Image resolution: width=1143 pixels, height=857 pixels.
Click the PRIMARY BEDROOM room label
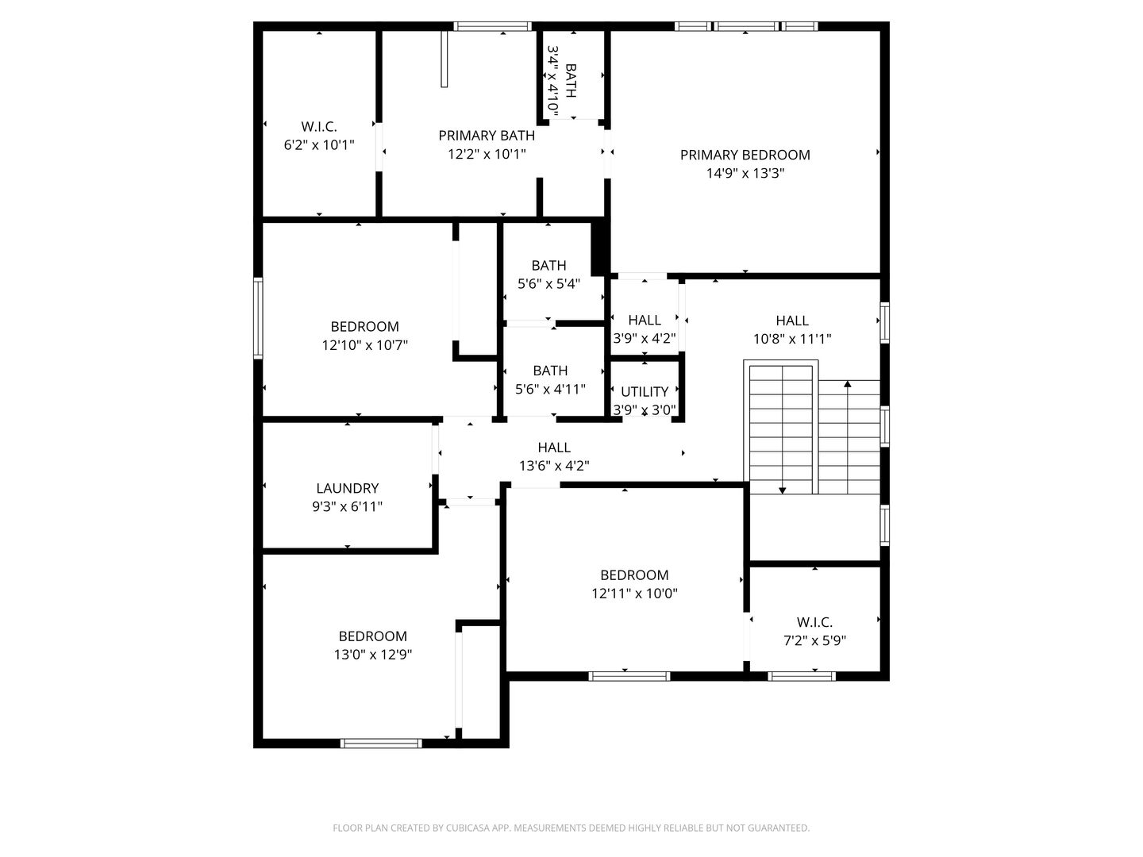click(x=745, y=155)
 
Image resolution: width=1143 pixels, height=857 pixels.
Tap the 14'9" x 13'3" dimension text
click(x=745, y=174)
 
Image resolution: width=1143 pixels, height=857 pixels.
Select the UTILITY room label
click(x=645, y=391)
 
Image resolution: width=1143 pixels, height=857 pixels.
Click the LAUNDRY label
click(x=347, y=488)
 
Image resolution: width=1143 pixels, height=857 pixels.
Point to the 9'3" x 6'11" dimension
click(x=347, y=507)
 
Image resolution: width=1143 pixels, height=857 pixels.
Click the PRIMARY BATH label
click(x=487, y=136)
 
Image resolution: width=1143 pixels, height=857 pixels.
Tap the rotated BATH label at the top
click(x=571, y=81)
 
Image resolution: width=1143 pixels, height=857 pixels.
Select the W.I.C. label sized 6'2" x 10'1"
click(x=319, y=126)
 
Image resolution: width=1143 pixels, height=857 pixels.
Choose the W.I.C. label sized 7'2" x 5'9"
click(x=814, y=622)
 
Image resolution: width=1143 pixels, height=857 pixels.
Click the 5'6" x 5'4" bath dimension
click(x=549, y=284)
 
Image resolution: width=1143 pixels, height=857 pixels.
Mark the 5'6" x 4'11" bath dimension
click(x=550, y=389)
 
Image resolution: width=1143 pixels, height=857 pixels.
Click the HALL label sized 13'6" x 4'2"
click(x=554, y=447)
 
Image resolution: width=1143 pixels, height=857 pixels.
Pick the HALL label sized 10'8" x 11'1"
click(x=792, y=320)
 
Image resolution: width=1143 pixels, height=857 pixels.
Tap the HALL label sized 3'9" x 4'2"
click(x=645, y=320)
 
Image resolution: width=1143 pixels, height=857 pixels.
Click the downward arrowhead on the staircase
click(x=783, y=490)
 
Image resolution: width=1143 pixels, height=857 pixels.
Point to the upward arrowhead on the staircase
click(x=848, y=385)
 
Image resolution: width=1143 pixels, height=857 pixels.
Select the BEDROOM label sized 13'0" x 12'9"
click(x=372, y=636)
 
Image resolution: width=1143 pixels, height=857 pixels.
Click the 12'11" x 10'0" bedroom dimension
click(x=634, y=594)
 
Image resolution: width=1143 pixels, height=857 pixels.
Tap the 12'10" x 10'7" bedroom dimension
click(x=365, y=345)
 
